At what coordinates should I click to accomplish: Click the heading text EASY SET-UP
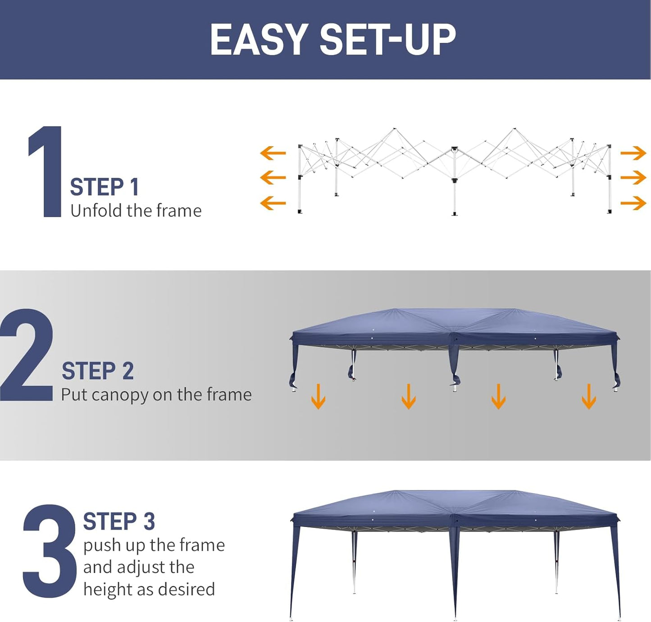(x=332, y=40)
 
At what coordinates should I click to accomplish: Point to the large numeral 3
(x=49, y=551)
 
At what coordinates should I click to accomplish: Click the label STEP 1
(x=105, y=187)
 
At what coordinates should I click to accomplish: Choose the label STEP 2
(x=98, y=371)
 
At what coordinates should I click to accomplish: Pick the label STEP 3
(x=119, y=521)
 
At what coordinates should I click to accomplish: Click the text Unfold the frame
(x=136, y=211)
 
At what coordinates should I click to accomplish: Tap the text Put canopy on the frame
(x=156, y=395)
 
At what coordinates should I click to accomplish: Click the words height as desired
(x=149, y=590)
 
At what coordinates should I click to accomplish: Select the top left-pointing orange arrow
(x=273, y=153)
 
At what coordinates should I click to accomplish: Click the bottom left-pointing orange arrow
(x=273, y=203)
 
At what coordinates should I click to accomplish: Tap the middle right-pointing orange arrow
(x=633, y=178)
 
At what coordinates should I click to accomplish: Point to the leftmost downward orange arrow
(x=318, y=396)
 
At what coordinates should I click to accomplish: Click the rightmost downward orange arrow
(x=588, y=396)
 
